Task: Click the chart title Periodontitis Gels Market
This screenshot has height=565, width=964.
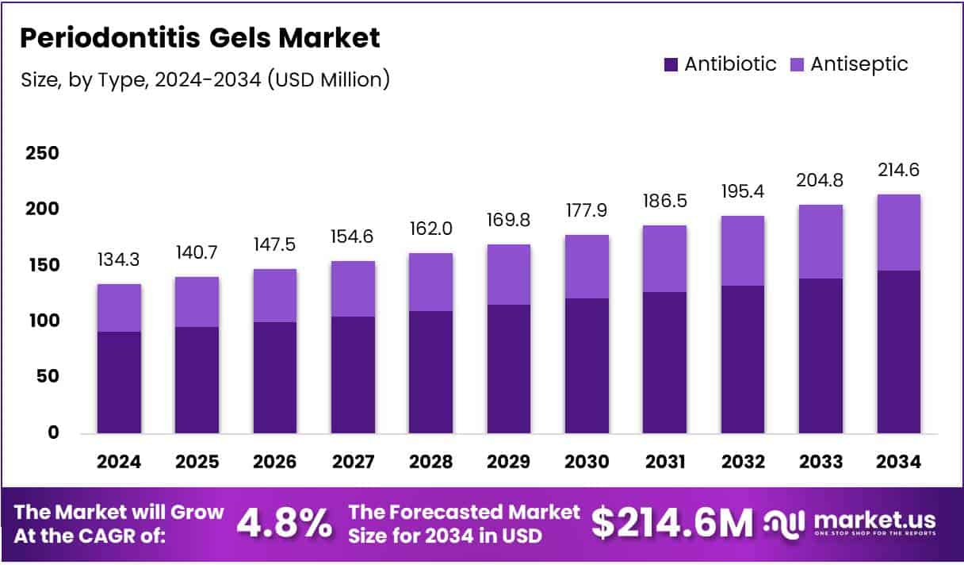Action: tap(199, 37)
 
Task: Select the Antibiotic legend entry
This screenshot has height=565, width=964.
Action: tap(720, 64)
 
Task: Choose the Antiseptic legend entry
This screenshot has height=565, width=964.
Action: tap(849, 64)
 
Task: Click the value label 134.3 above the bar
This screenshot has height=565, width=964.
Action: tap(119, 259)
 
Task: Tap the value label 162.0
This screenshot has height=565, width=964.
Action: tap(430, 229)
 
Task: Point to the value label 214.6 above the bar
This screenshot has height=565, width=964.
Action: tap(898, 170)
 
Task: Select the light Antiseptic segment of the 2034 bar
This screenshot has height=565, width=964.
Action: tap(898, 233)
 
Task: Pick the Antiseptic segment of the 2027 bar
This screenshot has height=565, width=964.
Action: tap(353, 289)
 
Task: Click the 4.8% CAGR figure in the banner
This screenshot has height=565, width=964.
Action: tap(285, 523)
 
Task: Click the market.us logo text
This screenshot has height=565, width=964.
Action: tap(872, 521)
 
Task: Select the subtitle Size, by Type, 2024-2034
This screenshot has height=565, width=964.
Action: tap(204, 79)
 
